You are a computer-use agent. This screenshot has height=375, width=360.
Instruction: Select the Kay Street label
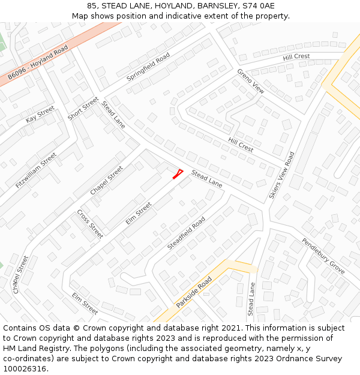tap(40, 115)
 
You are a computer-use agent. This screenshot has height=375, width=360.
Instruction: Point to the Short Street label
tap(83, 108)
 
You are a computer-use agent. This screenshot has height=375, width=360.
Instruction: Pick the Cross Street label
tap(90, 224)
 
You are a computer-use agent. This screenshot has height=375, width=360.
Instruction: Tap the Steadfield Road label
tap(186, 233)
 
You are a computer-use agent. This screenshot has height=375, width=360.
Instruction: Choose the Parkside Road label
tap(194, 292)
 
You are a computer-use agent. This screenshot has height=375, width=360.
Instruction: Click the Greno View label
tap(250, 81)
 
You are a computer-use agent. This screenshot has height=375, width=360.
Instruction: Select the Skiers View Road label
tap(282, 175)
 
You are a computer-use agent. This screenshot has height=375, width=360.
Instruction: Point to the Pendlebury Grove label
tap(323, 256)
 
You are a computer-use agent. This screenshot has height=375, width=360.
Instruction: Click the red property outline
tap(178, 174)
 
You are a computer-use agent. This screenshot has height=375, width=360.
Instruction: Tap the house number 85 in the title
tap(92, 5)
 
